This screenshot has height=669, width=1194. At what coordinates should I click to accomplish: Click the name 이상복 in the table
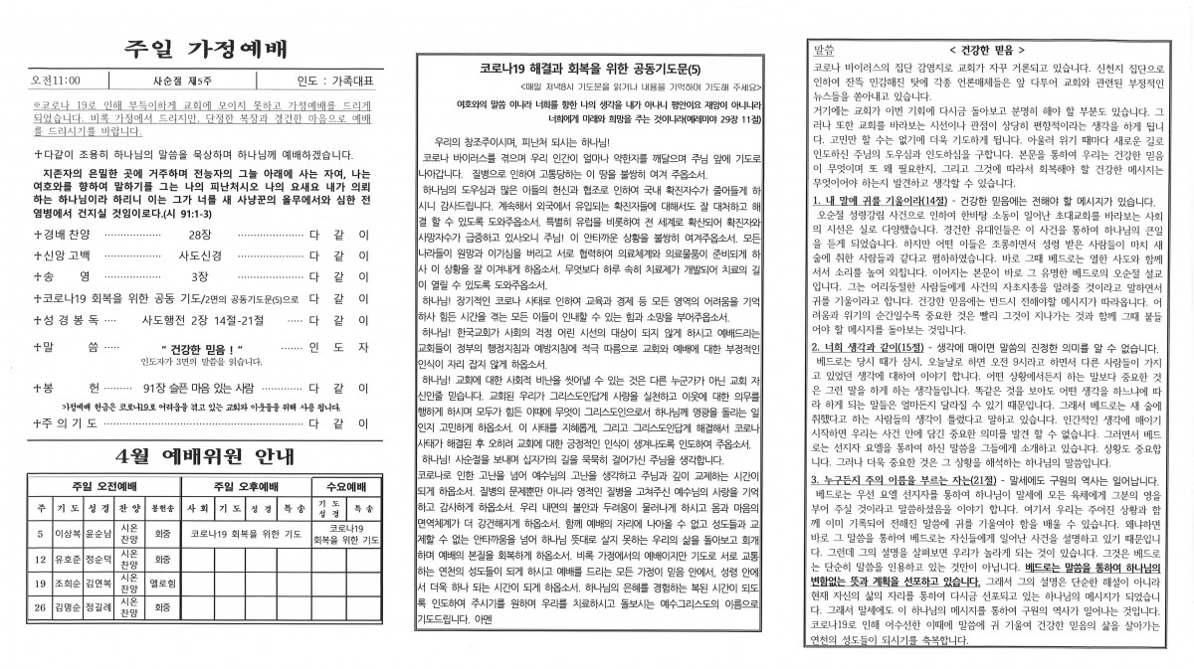[68, 533]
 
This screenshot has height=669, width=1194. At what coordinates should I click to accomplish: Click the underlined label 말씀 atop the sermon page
[824, 48]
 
